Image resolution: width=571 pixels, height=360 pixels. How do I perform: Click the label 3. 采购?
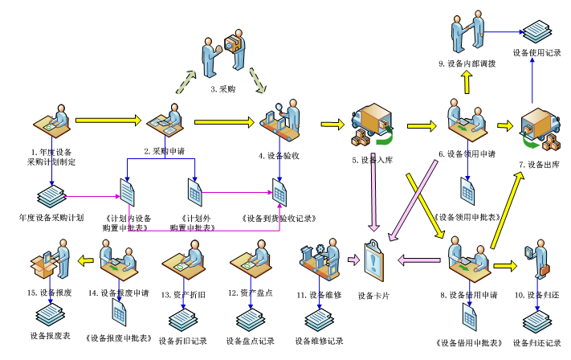[222, 89]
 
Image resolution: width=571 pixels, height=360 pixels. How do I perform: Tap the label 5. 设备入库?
[371, 160]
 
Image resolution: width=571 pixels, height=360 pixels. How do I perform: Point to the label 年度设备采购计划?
[51, 217]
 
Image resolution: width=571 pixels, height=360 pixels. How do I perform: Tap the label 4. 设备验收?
[279, 155]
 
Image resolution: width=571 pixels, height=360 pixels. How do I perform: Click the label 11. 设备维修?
[320, 295]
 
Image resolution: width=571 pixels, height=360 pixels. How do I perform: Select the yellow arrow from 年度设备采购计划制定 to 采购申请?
[108, 121]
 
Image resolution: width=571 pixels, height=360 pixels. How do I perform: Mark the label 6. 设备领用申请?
[467, 153]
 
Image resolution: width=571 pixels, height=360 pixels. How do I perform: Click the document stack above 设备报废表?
[49, 313]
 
